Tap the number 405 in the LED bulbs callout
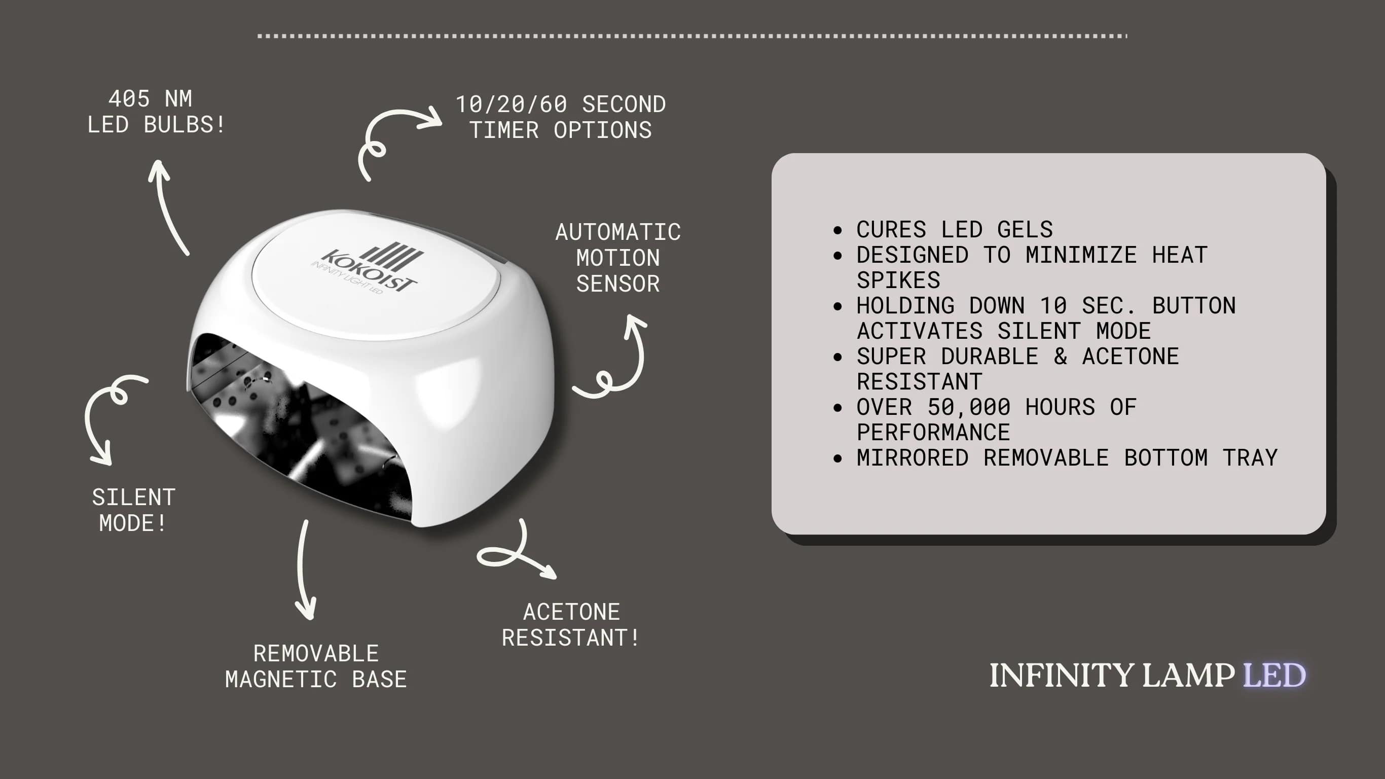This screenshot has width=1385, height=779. (129, 99)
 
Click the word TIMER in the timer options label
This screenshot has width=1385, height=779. (504, 130)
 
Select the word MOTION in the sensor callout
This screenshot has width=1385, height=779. (618, 258)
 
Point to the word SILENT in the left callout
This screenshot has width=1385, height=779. (133, 498)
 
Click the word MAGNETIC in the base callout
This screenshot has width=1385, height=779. (281, 680)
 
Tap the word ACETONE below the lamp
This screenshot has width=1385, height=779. (571, 612)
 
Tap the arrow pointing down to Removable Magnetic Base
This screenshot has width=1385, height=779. (304, 570)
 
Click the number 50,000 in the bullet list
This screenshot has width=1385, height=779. (969, 407)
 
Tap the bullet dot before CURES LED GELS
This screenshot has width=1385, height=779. (837, 231)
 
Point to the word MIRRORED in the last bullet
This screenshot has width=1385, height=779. (913, 458)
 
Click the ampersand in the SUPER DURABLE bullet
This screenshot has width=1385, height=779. (1060, 357)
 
